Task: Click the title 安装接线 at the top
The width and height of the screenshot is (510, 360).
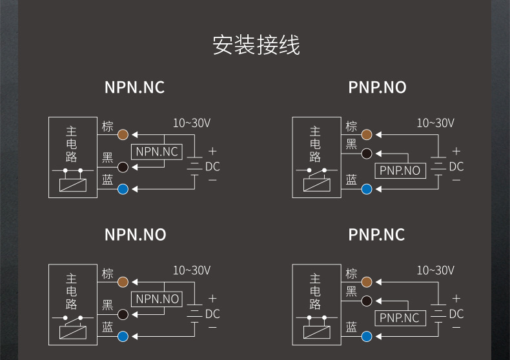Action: [256, 46]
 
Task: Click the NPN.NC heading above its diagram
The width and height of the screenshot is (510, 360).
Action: [134, 87]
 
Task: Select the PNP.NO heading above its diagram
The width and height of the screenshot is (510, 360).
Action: [378, 87]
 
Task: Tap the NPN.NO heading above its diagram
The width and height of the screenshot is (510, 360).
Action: [135, 235]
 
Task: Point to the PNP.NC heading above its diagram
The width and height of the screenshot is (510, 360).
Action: [377, 235]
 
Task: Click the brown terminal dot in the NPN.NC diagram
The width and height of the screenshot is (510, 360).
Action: [123, 135]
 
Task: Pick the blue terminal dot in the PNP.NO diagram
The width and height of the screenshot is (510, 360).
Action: [367, 189]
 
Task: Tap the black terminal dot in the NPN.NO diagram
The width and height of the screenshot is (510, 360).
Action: [123, 314]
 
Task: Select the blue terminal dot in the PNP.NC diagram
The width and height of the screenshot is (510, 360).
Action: [367, 335]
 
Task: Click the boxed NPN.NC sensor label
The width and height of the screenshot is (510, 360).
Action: [157, 152]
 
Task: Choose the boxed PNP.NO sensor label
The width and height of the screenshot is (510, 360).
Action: [400, 170]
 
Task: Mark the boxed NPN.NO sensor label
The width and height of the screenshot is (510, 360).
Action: [157, 299]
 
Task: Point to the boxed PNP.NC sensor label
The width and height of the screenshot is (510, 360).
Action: [400, 318]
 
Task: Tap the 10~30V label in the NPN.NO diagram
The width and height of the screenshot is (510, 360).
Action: [191, 270]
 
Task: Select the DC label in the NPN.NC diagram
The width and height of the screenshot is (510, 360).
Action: [212, 167]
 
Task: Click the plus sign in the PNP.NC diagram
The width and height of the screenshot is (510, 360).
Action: [456, 299]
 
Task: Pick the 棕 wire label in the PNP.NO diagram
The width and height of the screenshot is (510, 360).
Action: [351, 126]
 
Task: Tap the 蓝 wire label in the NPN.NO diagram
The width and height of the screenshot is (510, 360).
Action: [108, 327]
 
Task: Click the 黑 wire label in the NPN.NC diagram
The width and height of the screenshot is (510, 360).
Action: [108, 158]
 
